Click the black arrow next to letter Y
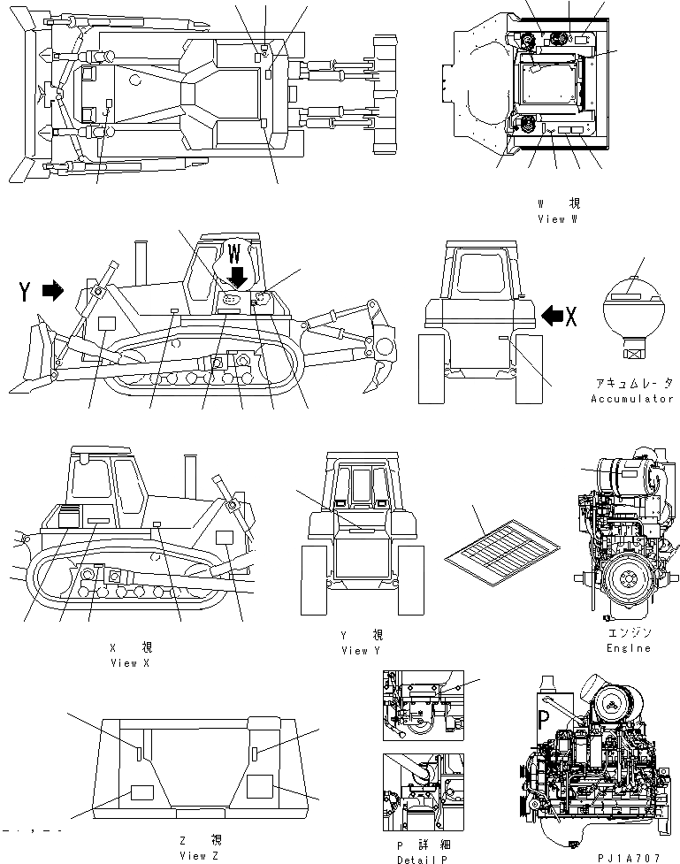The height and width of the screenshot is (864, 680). [53, 289]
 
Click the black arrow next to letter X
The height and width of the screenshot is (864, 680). [553, 314]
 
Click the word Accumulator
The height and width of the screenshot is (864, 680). [632, 399]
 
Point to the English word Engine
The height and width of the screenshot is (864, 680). [629, 648]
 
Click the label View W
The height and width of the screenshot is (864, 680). [557, 219]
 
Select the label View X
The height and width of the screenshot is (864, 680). [124, 662]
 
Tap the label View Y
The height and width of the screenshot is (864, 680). [361, 650]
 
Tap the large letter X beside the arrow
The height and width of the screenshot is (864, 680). [570, 314]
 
